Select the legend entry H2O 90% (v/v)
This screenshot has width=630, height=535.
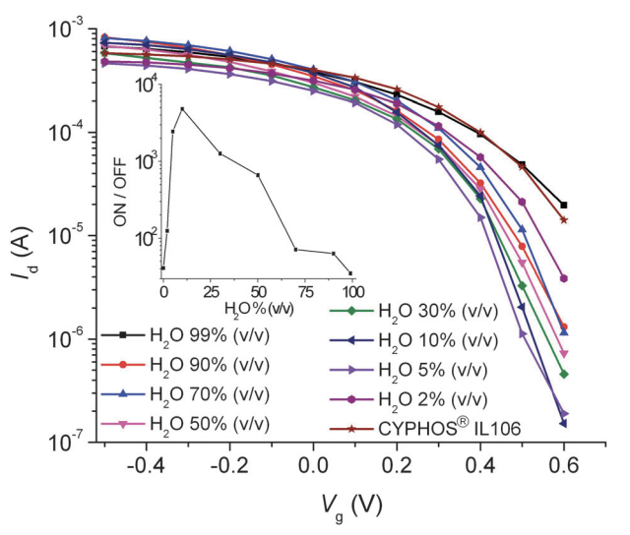[x=207, y=365]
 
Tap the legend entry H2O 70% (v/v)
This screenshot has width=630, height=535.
[x=207, y=393]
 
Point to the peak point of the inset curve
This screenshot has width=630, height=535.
[x=182, y=108]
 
